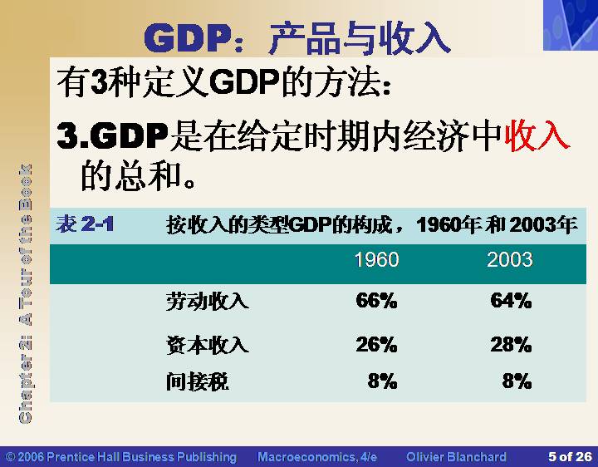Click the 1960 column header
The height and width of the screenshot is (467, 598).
[376, 260]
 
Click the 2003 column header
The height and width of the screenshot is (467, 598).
[509, 260]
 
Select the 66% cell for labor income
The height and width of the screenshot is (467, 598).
[376, 300]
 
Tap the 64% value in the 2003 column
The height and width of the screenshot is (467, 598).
[511, 300]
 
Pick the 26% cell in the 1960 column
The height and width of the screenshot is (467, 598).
[376, 345]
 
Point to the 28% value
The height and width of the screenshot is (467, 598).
[511, 345]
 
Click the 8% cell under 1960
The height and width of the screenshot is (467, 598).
[383, 381]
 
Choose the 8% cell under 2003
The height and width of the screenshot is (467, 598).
[517, 381]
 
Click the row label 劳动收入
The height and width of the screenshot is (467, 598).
[207, 301]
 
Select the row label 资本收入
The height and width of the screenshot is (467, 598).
[207, 345]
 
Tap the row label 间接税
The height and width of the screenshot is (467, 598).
[197, 381]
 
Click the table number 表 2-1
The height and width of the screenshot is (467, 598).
[85, 224]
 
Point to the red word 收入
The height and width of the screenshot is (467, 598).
[537, 135]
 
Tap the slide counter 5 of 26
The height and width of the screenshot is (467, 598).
[570, 457]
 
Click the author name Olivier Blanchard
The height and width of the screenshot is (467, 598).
[457, 457]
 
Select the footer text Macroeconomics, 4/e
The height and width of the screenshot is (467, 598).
[317, 457]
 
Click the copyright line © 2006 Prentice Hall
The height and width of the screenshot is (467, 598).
[121, 457]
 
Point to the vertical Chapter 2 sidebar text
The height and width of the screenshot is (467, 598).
[25, 294]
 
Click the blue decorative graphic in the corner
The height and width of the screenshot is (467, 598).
[571, 25]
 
